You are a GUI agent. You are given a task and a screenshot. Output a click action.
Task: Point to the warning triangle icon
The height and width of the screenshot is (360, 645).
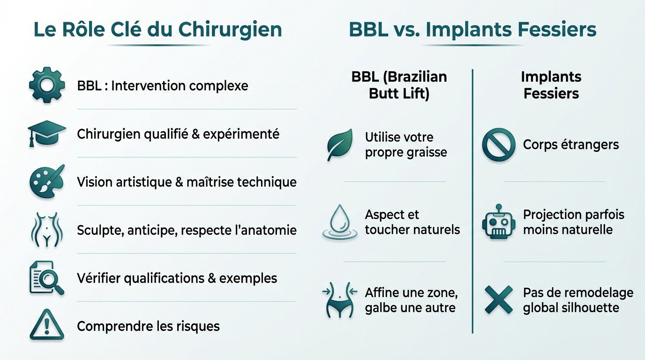pos(46,325)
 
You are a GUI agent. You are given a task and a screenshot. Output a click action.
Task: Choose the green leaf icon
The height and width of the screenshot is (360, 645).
pos(340,145)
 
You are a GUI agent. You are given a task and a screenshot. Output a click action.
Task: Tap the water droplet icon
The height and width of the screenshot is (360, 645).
pos(339,222)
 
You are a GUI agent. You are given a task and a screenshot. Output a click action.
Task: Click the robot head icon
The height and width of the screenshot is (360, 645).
pos(498,222)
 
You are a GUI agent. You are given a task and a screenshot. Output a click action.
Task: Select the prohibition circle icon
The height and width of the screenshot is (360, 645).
pos(498,145)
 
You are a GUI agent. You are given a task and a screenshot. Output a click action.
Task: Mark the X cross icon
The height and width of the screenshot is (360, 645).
pos(498,300)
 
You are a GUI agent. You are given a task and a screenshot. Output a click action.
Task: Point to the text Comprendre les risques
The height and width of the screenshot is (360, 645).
pos(148,326)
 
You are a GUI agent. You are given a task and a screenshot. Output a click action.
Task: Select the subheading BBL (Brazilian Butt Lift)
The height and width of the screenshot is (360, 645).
pos(399,85)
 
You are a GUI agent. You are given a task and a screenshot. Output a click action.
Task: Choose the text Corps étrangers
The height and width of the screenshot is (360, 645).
pos(570,145)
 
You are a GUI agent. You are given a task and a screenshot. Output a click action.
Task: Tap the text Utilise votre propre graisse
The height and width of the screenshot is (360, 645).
pos(405,145)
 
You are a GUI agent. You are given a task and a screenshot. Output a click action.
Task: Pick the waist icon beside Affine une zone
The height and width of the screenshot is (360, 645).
pos(339,300)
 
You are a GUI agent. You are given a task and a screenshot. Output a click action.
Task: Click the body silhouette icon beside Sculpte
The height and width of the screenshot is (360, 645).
pos(46,230)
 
